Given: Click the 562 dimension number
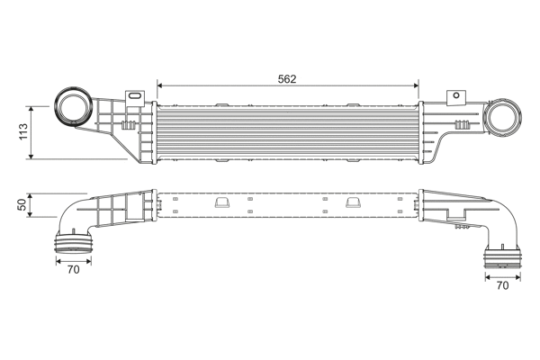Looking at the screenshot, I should pos(288,78).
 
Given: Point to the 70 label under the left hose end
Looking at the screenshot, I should pos(74,269).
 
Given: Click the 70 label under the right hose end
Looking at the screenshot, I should pos(502,286).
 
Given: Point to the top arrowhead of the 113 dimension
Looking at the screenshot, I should pos(34,104).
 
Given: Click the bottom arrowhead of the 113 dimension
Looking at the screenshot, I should pos(34,157).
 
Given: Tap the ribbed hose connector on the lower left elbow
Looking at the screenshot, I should pos(73,244).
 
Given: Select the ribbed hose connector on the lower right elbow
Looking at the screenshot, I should pos(501,260).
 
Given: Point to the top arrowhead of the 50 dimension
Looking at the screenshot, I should pos(34,194).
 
